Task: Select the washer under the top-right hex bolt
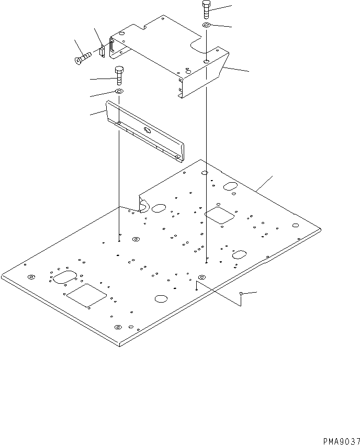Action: (x=207, y=25)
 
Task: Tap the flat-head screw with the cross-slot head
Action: (x=83, y=58)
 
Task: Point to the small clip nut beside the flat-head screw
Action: (x=102, y=52)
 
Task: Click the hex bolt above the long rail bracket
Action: (x=119, y=75)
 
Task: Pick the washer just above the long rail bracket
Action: (x=119, y=92)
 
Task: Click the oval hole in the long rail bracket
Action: (x=148, y=130)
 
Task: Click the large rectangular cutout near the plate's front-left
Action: (x=86, y=295)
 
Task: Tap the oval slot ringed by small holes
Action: (x=65, y=277)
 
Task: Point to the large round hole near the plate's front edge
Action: (x=161, y=298)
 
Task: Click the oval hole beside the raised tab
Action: (x=159, y=208)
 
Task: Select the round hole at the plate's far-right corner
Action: (x=295, y=225)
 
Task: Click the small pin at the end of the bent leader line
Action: (x=241, y=294)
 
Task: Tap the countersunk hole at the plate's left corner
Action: (x=31, y=277)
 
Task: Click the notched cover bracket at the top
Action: (x=170, y=56)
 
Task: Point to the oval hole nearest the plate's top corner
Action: (x=230, y=186)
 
